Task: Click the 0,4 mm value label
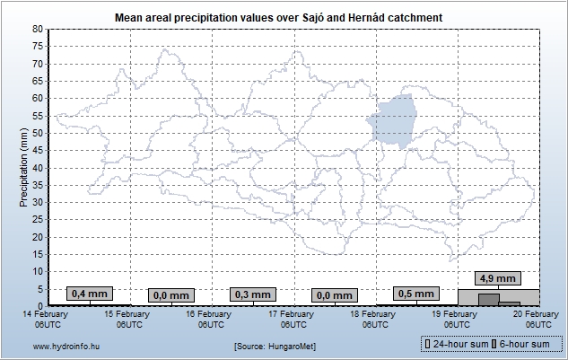pos(89,294)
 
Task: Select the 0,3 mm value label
pos(252,294)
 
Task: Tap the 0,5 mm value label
pos(415,294)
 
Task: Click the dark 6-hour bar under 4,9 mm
pos(489,300)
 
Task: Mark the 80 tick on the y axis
pos(38,30)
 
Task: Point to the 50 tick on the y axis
pos(38,133)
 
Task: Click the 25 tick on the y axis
pos(38,220)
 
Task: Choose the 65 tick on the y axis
pos(38,81)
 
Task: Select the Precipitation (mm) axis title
pos(23,167)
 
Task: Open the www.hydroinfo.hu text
pos(53,345)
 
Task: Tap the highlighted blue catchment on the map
pos(395,121)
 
